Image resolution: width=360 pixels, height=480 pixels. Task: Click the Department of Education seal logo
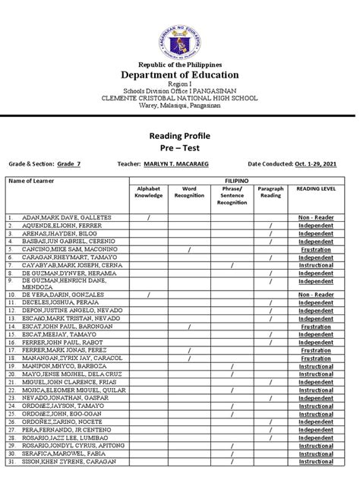coord(180,32)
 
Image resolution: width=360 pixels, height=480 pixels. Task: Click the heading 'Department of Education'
coord(180,74)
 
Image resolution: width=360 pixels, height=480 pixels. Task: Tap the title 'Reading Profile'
coord(179,134)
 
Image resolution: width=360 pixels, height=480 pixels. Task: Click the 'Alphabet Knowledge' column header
coord(148,192)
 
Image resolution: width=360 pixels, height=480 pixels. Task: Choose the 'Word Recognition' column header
coord(189,192)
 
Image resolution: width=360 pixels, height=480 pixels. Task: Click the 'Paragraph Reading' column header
coord(270,192)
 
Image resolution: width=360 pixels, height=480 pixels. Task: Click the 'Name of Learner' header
coord(30,181)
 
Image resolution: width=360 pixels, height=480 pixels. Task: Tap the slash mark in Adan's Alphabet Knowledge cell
coord(148,217)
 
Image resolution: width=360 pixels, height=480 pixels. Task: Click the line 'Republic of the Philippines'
coord(180,64)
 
